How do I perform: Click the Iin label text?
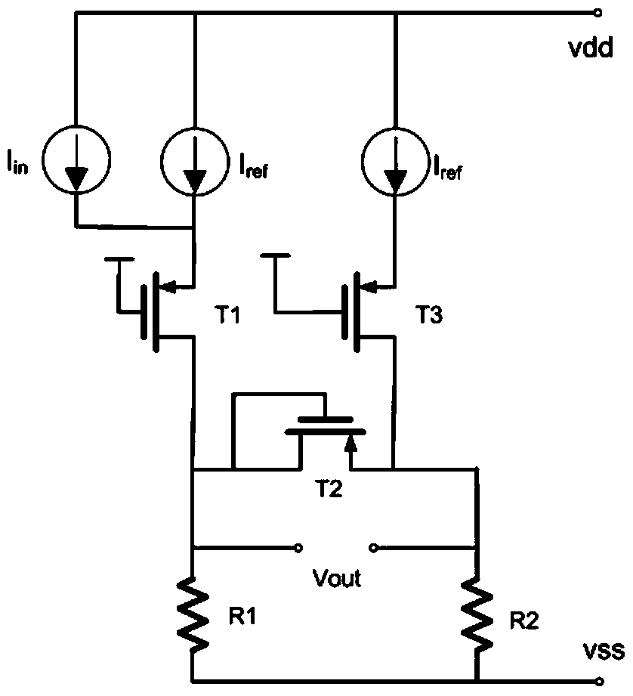click(17, 162)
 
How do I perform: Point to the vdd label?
click(591, 47)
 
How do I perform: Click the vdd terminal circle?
click(598, 14)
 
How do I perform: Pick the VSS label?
click(604, 651)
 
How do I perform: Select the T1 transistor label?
click(227, 314)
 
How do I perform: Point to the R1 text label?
click(242, 617)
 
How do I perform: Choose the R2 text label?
click(524, 620)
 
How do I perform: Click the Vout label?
click(337, 578)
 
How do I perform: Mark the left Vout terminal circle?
click(298, 548)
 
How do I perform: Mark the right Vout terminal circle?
click(373, 548)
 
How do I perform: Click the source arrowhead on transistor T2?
click(351, 443)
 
